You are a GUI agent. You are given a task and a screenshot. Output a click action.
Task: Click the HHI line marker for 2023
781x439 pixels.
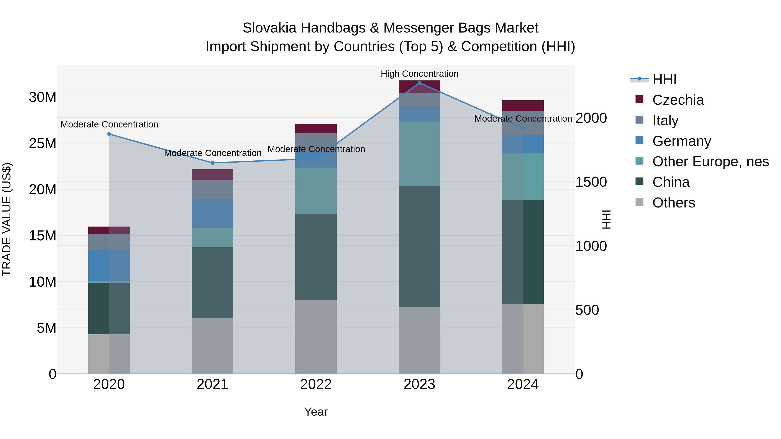tap(419, 83)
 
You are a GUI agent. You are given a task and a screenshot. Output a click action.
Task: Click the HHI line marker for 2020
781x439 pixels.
tap(109, 134)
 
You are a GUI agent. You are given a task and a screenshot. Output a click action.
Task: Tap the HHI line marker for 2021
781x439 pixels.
tap(213, 163)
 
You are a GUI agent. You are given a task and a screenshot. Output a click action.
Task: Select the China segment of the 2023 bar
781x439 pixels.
tap(419, 246)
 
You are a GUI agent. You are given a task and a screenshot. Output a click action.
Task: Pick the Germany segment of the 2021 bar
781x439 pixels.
tap(213, 213)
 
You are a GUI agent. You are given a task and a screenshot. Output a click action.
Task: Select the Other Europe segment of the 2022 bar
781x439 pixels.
tap(316, 191)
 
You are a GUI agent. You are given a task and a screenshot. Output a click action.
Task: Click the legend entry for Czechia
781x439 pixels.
tap(678, 100)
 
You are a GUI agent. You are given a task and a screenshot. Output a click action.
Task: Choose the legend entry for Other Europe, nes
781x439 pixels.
tap(710, 162)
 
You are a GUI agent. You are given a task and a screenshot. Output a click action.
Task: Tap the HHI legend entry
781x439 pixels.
tap(664, 79)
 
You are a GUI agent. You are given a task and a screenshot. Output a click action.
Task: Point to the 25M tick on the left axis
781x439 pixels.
tap(43, 143)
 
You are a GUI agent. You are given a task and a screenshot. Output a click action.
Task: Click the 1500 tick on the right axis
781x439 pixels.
tap(591, 182)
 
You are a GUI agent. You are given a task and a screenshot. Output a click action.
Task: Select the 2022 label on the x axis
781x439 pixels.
tap(316, 384)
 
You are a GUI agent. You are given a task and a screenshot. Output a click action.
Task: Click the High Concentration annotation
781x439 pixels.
tap(419, 74)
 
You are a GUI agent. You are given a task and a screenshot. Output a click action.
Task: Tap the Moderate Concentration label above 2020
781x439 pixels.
tap(109, 124)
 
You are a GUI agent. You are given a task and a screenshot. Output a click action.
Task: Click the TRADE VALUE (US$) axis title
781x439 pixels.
tap(7, 219)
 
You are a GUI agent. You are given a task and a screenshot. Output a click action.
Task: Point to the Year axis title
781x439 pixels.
tap(316, 412)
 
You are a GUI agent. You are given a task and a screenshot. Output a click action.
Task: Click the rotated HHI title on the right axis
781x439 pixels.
tap(606, 219)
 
